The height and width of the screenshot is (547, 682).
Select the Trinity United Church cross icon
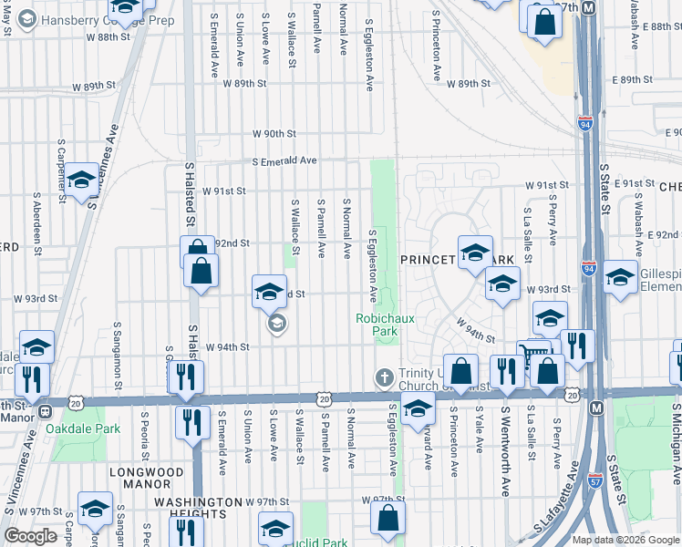384,377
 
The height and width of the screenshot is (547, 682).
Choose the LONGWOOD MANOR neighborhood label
146,472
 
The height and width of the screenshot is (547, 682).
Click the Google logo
31,536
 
